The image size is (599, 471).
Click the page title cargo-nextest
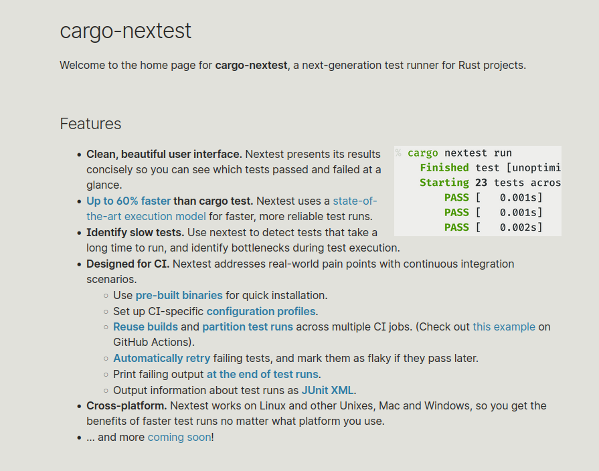[x=125, y=31]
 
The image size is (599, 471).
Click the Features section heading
[x=90, y=124]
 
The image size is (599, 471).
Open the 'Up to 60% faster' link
[x=129, y=201]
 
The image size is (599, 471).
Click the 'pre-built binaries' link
[x=179, y=295]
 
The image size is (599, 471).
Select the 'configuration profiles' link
[x=261, y=311]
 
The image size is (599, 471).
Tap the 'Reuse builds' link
[x=145, y=326]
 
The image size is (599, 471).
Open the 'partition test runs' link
[x=248, y=326]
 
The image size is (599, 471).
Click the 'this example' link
[x=504, y=326]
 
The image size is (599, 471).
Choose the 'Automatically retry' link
[x=161, y=358]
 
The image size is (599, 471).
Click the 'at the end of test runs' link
[x=262, y=374]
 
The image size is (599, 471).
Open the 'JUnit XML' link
[x=328, y=390]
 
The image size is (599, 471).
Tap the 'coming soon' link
[x=179, y=438]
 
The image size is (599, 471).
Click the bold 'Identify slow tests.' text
[x=135, y=232]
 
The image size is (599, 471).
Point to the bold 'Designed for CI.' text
[x=128, y=264]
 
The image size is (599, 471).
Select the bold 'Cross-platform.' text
[x=126, y=405]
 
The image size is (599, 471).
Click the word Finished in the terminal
[x=444, y=168]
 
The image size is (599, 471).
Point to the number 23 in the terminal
[x=481, y=183]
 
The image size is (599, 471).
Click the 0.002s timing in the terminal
[x=521, y=227]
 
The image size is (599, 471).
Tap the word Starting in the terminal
[x=444, y=183]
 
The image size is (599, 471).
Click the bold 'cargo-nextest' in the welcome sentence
[x=251, y=65]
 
